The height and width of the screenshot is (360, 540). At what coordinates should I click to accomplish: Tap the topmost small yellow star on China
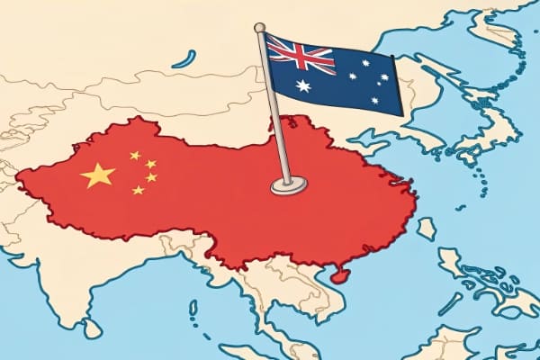(x=135, y=155)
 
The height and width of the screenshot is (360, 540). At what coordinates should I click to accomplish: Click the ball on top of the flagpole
(x=259, y=28)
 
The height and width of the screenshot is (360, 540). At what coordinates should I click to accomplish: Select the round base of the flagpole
(x=289, y=185)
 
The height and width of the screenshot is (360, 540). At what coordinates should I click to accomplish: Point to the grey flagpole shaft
(x=274, y=108)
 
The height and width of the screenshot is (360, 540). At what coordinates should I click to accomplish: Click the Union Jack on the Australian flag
(x=301, y=55)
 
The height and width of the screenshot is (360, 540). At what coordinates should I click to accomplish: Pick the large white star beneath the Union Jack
(x=303, y=86)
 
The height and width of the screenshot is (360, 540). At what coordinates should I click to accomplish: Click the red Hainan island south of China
(x=338, y=275)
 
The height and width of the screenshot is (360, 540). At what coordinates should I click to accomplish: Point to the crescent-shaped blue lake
(x=184, y=59)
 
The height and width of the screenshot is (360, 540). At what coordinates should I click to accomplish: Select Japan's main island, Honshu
(x=490, y=135)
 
